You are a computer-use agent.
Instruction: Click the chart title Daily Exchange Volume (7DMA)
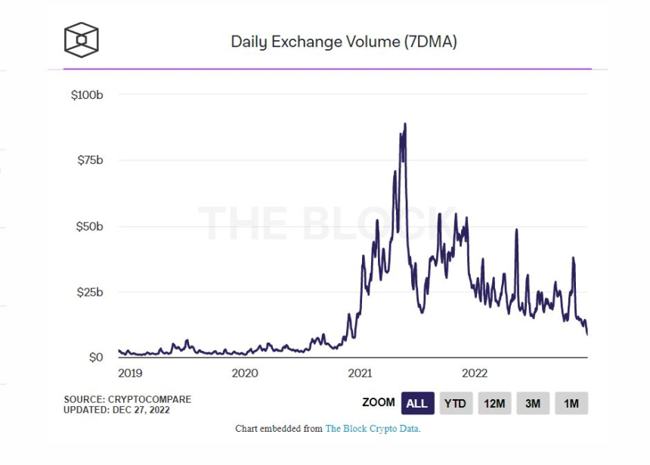point(344,42)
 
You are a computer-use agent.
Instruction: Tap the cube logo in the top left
point(81,39)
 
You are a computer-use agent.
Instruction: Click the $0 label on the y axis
point(97,357)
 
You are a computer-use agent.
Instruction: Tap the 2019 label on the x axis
point(129,373)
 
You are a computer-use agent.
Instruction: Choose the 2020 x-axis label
point(245,373)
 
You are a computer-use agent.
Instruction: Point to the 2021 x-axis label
point(360,373)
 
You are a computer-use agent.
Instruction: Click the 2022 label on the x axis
point(475,373)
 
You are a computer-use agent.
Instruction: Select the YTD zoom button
point(455,403)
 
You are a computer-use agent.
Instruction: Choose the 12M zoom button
point(494,403)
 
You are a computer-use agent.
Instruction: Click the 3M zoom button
point(533,403)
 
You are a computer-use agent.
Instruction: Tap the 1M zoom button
point(571,403)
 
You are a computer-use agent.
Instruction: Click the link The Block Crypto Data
point(373,429)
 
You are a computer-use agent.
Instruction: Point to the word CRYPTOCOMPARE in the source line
point(150,399)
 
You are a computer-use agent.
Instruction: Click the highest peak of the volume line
point(405,124)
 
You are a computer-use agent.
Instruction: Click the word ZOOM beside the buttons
point(379,403)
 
